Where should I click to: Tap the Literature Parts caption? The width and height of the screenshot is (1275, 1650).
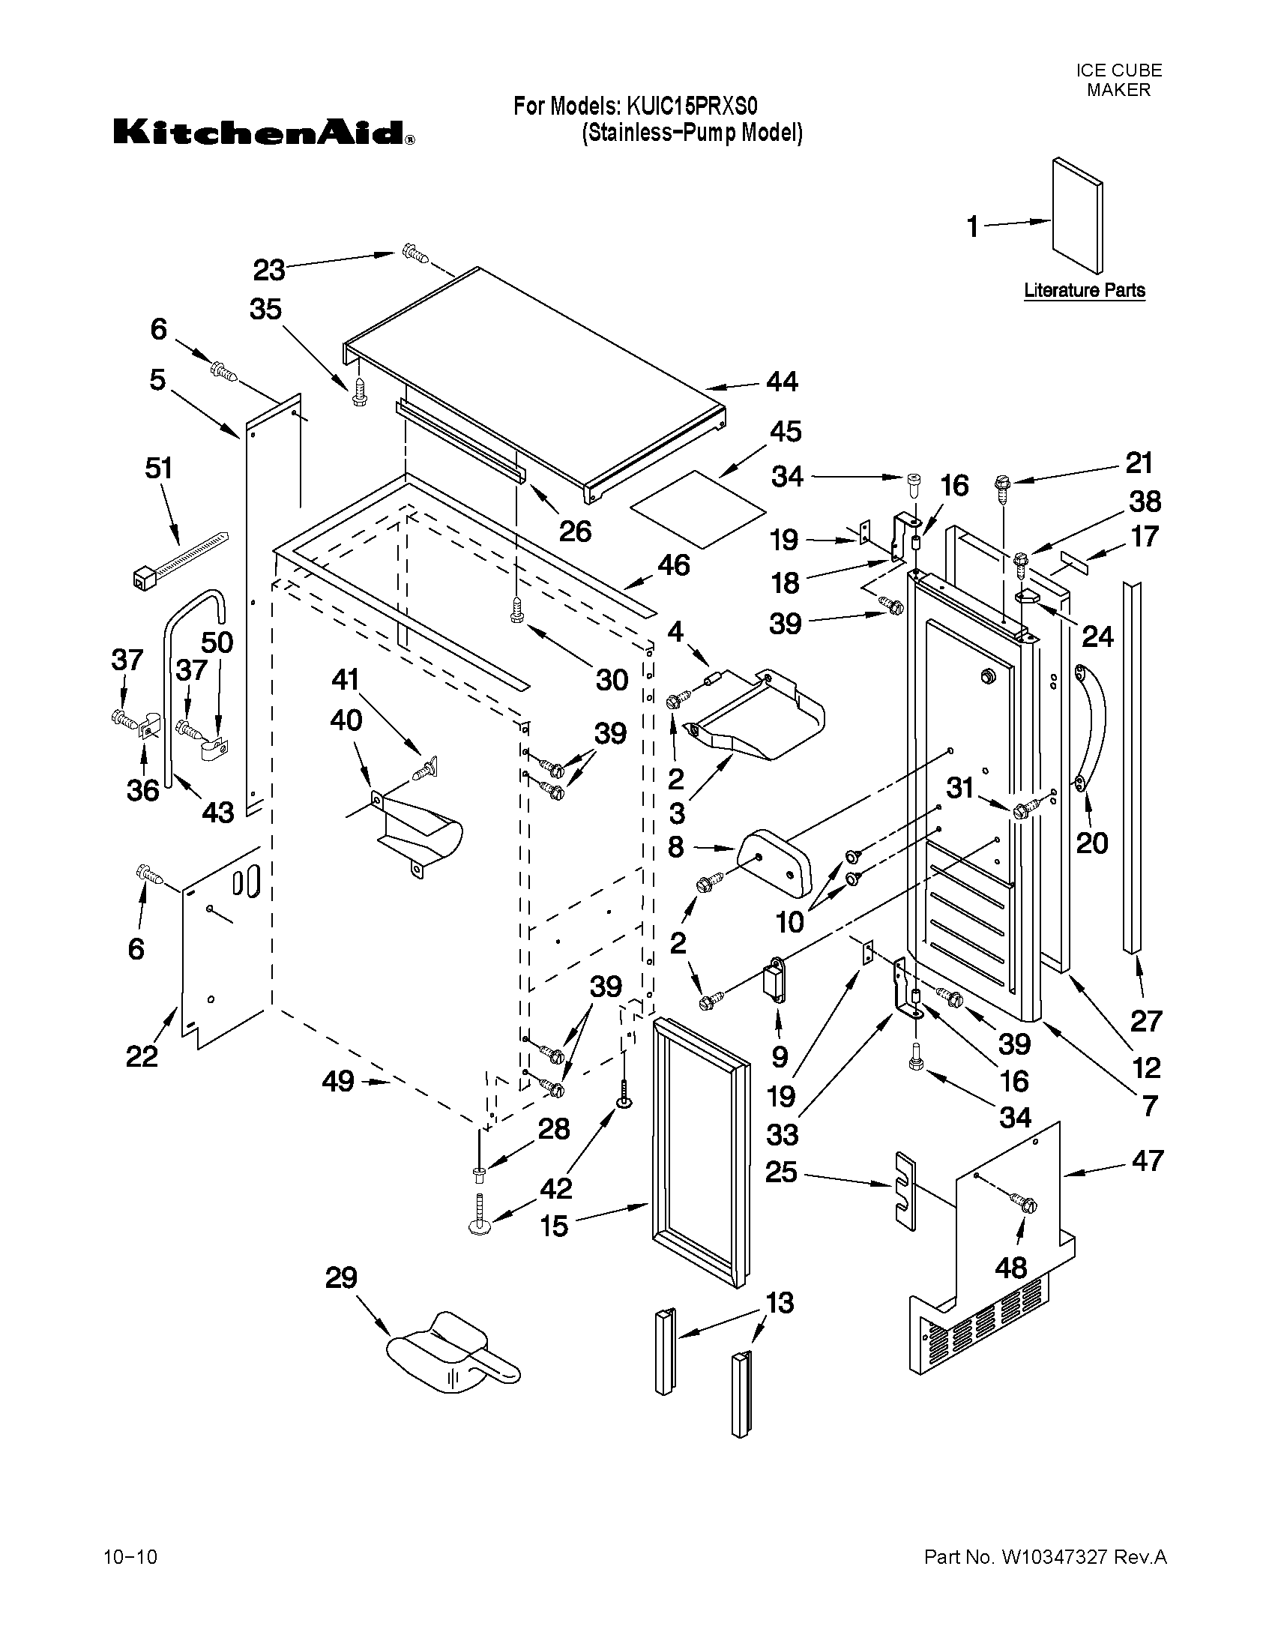(x=1084, y=290)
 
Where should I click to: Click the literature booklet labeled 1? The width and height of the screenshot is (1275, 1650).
(x=1077, y=215)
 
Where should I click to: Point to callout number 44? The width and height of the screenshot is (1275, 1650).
(x=782, y=382)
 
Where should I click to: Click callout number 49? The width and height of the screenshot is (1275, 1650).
(x=337, y=1081)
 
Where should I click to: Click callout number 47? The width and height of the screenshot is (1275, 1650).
(x=1147, y=1160)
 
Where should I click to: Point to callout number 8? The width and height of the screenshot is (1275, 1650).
(x=676, y=847)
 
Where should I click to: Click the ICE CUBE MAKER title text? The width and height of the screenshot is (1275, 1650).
(x=1118, y=80)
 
